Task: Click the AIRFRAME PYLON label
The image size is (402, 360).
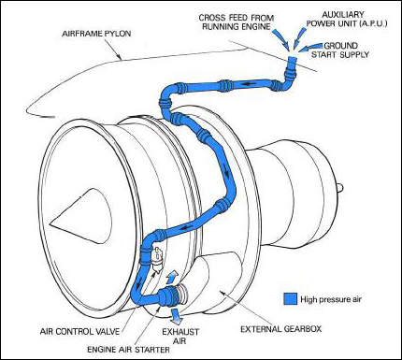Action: [x=96, y=34]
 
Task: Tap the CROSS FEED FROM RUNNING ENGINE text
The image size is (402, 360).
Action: [x=237, y=22]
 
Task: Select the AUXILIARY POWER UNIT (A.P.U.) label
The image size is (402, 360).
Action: [x=347, y=19]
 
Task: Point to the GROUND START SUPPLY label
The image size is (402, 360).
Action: [x=340, y=50]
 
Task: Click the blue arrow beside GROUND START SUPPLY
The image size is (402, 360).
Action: [x=309, y=48]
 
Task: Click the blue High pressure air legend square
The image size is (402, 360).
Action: [x=291, y=298]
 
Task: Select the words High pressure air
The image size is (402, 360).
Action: [x=331, y=299]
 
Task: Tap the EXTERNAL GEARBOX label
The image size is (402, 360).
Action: [x=281, y=329]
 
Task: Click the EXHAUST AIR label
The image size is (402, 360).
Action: [x=180, y=336]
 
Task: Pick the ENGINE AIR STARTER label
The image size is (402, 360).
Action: [x=128, y=350]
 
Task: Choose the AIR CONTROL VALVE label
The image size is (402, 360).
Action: [x=79, y=331]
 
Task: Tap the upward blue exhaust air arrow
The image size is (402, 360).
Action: [x=171, y=278]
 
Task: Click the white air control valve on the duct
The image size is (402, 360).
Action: [x=157, y=257]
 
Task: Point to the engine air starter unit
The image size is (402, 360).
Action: [x=172, y=295]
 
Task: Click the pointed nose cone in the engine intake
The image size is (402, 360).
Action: [x=80, y=211]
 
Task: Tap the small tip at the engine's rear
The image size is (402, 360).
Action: [x=340, y=187]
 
